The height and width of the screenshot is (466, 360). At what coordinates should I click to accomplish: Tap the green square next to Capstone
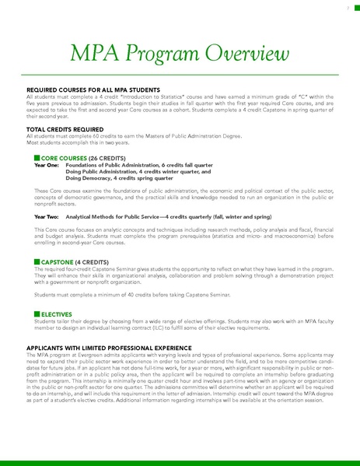coord(37,262)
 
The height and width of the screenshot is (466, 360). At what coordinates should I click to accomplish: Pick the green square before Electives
coord(37,313)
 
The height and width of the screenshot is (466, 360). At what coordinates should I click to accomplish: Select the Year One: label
coord(47,166)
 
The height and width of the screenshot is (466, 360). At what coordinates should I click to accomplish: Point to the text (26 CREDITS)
coord(100,158)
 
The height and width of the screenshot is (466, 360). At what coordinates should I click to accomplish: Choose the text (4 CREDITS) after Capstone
coord(91,262)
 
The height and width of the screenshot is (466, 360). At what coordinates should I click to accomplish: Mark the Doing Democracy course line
coord(117,178)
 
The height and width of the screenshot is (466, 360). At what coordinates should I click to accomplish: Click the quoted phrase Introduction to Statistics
coord(166,97)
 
